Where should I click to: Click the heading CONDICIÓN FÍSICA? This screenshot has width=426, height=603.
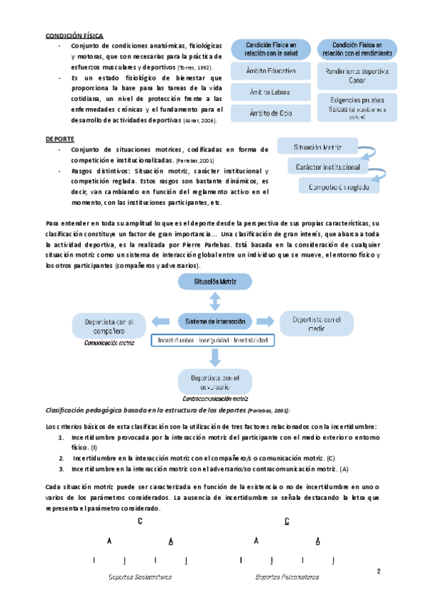point(75,35)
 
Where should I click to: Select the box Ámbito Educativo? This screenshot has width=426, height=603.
point(271,71)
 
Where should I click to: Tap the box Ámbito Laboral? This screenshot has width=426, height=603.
point(271,92)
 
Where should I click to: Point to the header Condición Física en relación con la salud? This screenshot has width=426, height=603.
point(271,48)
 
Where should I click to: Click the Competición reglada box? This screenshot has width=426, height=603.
point(339,186)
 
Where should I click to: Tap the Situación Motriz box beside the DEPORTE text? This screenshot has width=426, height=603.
point(317,148)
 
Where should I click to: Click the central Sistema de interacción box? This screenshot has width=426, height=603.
point(215,321)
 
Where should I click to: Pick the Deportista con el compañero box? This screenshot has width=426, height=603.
point(107,326)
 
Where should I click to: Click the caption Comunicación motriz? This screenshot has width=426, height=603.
point(109,343)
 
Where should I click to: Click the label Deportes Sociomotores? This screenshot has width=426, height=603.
point(140,577)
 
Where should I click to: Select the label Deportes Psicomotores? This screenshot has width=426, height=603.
point(287,577)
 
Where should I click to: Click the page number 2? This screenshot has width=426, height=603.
point(378,570)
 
